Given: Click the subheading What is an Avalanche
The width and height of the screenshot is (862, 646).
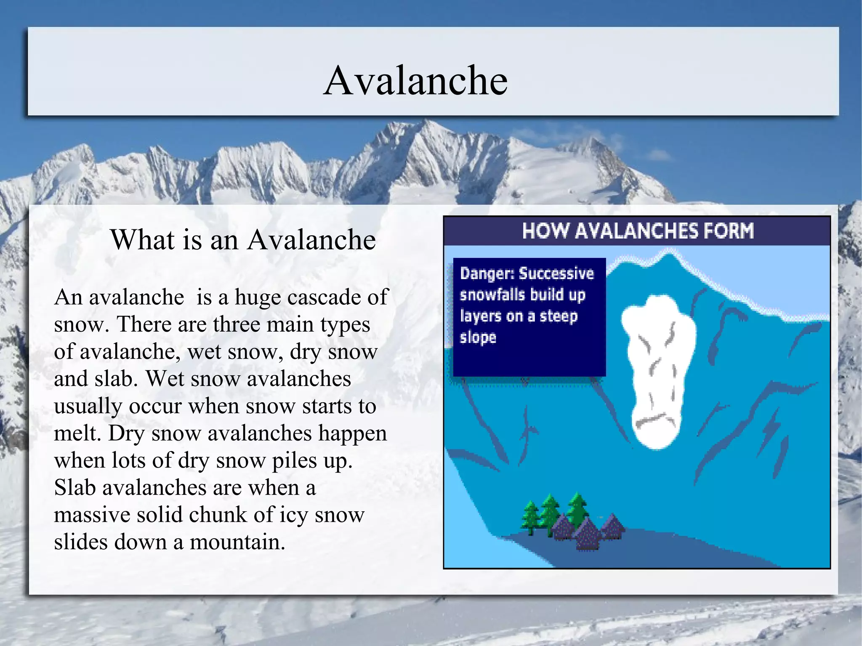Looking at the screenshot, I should pos(243,239).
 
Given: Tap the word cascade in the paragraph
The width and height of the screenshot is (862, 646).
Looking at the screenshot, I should pos(324,297).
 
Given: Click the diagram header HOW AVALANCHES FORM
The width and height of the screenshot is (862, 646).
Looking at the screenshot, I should pos(637,231).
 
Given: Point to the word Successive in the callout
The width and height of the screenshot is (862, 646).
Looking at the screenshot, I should pos(556,274).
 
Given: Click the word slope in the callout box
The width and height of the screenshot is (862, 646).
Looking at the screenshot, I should pos(478,338).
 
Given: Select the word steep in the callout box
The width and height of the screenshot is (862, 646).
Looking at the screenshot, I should pos(559,316).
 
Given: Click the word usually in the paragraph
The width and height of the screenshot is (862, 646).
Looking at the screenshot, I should pos(88,407).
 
